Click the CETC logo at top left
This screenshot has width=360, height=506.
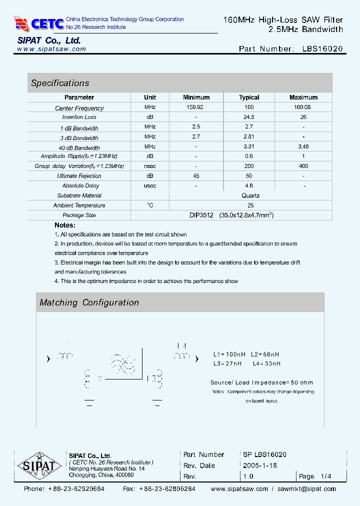39,23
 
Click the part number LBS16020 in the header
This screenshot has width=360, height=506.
322,49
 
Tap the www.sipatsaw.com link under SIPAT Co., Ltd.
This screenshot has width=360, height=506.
51,49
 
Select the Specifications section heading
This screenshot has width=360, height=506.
60,83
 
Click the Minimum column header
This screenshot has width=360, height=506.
196,97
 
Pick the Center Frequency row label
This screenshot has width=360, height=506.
79,108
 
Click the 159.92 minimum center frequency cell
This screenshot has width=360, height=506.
196,107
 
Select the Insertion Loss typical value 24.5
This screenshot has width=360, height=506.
249,117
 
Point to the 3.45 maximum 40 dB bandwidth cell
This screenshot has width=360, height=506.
303,146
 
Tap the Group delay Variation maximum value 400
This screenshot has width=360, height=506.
303,166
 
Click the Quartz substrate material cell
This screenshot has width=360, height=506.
250,195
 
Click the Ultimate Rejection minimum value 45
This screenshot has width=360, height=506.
196,176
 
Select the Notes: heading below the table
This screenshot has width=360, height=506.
65,225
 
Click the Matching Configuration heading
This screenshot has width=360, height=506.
89,302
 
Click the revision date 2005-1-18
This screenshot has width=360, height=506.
260,465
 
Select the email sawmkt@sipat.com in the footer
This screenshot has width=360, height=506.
306,489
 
